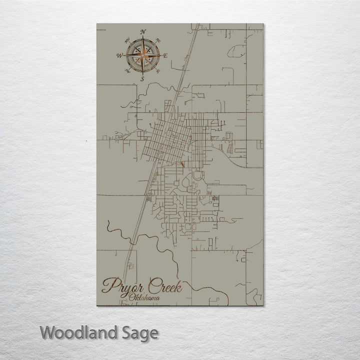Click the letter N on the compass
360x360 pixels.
click(x=143, y=32)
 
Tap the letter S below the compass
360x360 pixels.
click(x=142, y=78)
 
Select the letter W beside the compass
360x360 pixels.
click(x=120, y=55)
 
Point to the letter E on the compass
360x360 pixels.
click(x=165, y=55)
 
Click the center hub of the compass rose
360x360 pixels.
click(x=143, y=55)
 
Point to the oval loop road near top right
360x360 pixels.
click(x=237, y=50)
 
